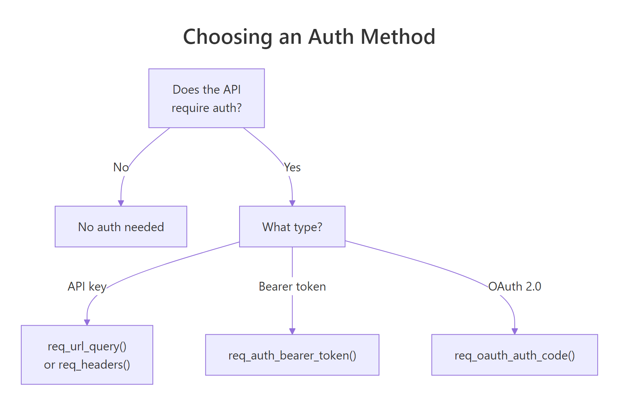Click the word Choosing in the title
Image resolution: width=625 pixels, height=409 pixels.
tap(227, 37)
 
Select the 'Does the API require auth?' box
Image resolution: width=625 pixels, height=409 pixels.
tap(206, 98)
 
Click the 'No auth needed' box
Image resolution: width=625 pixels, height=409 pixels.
tap(121, 227)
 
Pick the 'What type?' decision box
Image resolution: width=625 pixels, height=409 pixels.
tap(292, 227)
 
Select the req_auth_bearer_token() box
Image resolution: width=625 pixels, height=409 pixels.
tap(292, 355)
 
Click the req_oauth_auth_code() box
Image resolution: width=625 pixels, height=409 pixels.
tap(514, 355)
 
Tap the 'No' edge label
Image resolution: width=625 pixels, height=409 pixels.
tap(121, 167)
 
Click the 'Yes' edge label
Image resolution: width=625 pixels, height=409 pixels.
tap(292, 167)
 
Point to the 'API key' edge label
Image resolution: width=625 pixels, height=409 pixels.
tap(87, 286)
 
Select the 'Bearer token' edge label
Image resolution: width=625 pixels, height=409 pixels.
tap(292, 286)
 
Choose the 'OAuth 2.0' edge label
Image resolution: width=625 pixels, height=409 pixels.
tap(514, 286)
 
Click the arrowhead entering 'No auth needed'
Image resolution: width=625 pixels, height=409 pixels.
tap(121, 203)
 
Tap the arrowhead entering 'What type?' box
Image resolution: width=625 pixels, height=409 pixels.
tap(292, 203)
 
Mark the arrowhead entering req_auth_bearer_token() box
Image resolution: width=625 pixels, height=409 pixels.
tap(292, 331)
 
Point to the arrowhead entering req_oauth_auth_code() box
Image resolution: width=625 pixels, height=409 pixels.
tap(514, 331)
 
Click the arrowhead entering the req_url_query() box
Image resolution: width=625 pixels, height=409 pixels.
tap(87, 322)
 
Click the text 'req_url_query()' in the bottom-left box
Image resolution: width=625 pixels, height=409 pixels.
tap(87, 346)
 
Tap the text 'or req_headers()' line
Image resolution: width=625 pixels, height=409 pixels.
tap(87, 364)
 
